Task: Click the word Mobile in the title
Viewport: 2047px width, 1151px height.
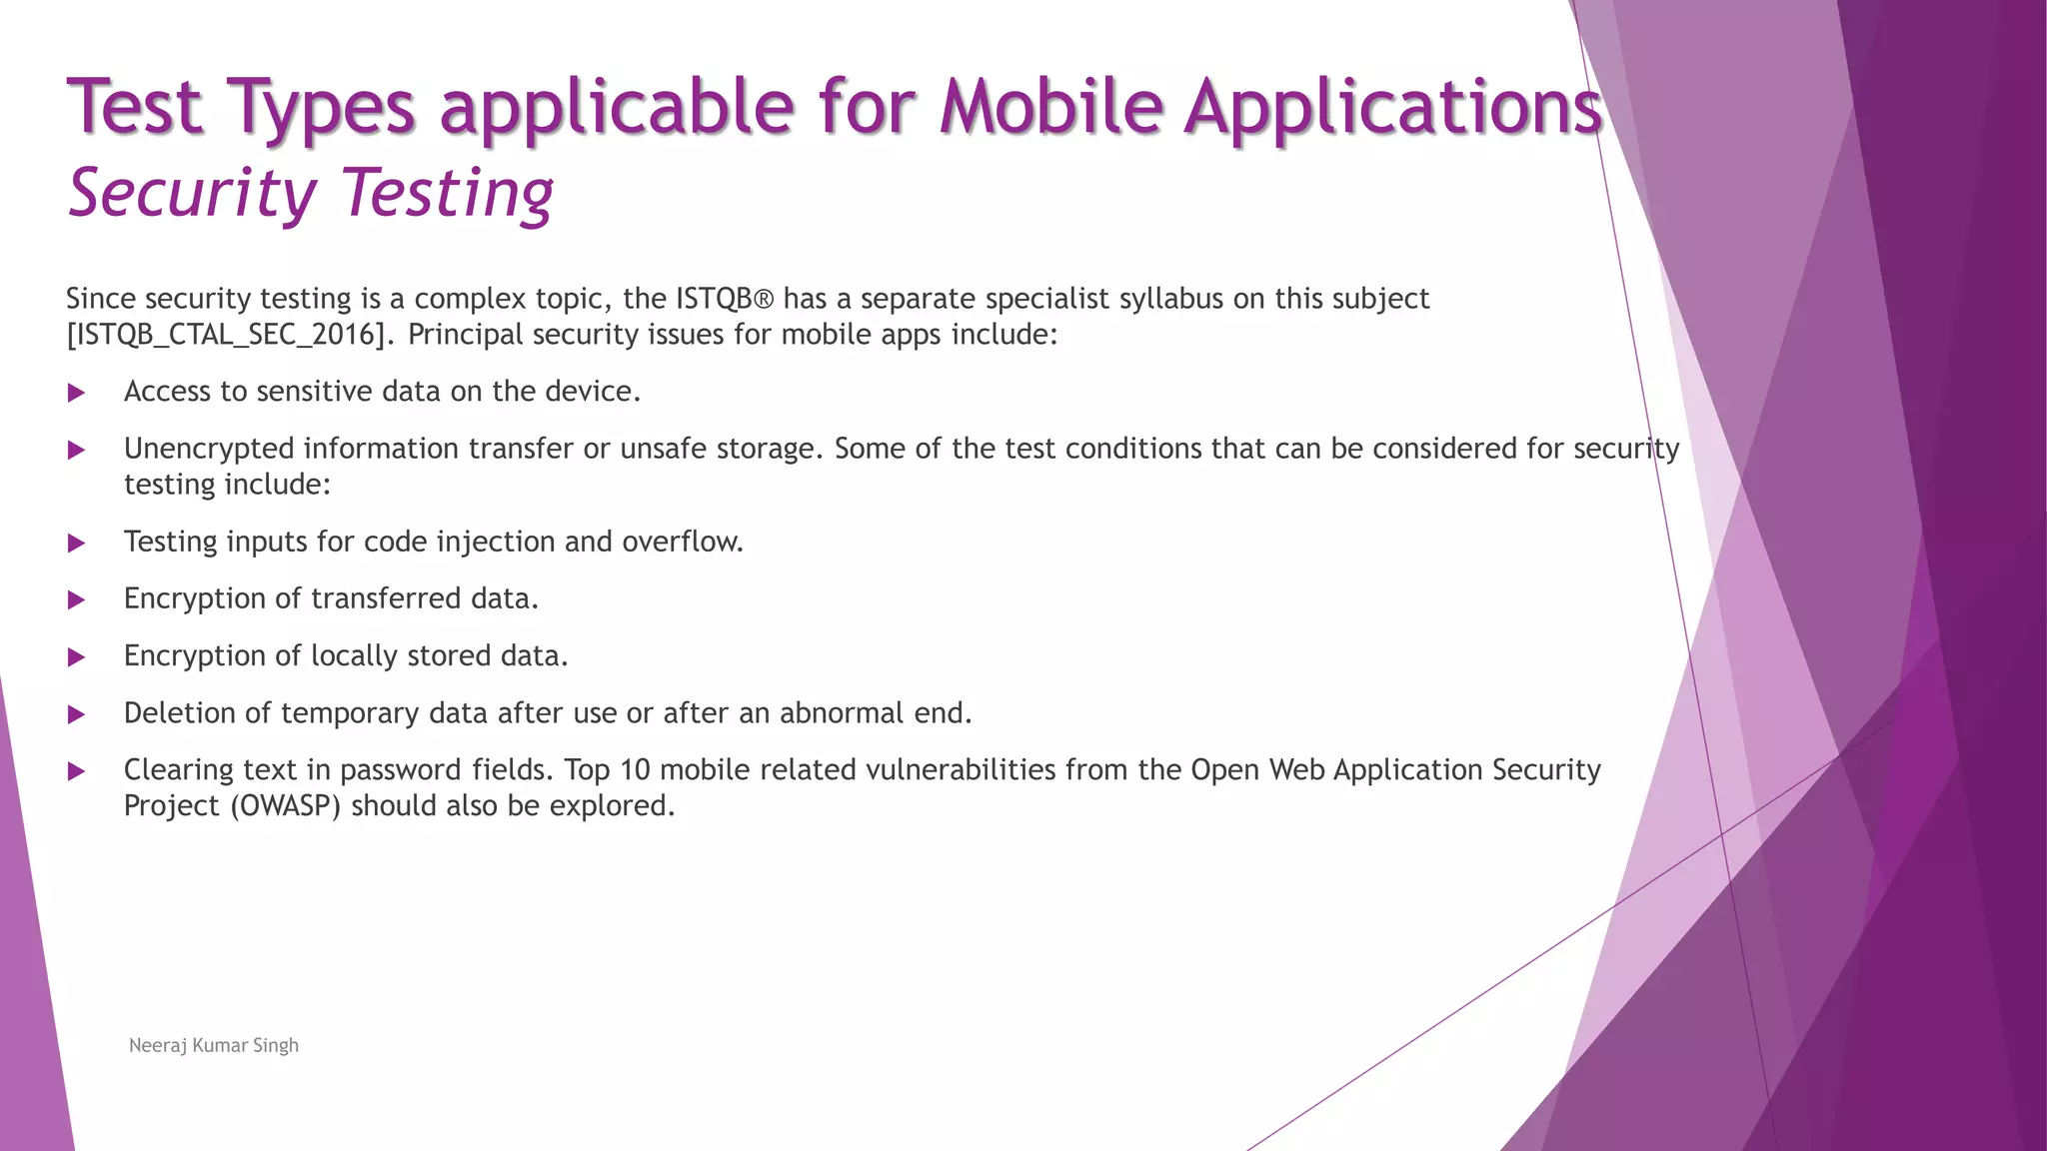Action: coord(1050,106)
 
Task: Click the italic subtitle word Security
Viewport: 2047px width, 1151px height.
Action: coord(191,193)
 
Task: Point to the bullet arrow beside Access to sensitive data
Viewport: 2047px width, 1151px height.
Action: coord(76,393)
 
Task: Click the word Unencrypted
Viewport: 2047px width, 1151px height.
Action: coord(208,449)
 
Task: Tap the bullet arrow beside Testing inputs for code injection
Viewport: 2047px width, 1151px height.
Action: coord(76,544)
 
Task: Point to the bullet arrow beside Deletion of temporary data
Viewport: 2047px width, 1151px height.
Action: coord(76,714)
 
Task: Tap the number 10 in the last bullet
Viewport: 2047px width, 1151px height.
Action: coord(635,770)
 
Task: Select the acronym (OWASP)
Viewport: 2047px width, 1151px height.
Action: coord(285,806)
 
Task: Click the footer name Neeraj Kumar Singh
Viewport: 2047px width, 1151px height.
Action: coord(214,1045)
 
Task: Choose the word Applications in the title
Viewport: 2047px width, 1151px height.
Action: coord(1392,106)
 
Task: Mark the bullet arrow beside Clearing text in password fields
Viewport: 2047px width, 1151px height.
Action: coord(76,771)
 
